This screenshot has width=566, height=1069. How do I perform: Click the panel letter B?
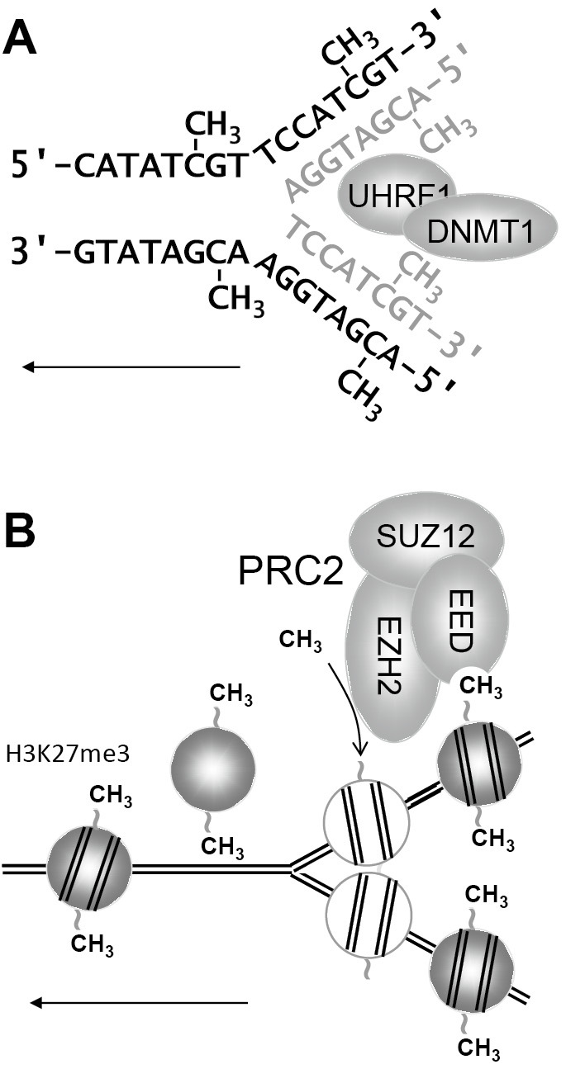click(20, 534)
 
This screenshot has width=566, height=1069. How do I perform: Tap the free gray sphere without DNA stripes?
click(211, 769)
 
